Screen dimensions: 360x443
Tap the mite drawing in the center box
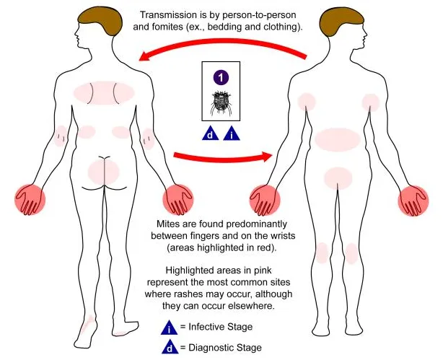[221, 104]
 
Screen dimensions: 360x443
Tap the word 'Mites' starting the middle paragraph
[170, 224]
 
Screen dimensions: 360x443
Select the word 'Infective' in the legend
[209, 328]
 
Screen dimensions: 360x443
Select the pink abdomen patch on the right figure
[336, 139]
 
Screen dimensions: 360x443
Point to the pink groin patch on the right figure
[337, 176]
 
